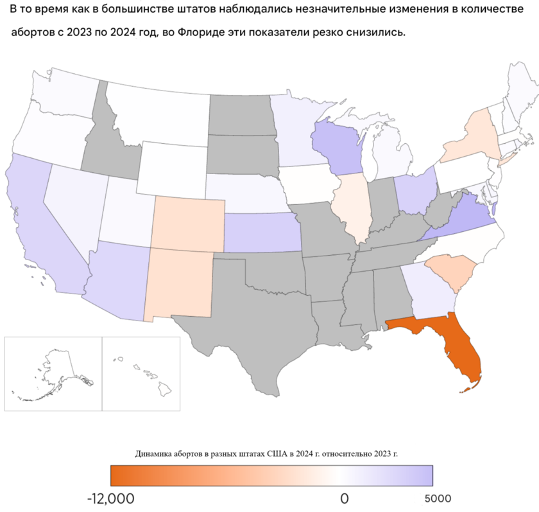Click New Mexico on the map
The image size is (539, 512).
[180, 283]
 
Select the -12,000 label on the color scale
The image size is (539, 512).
[110, 499]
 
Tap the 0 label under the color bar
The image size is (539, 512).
[344, 499]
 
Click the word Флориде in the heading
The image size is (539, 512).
[201, 32]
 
